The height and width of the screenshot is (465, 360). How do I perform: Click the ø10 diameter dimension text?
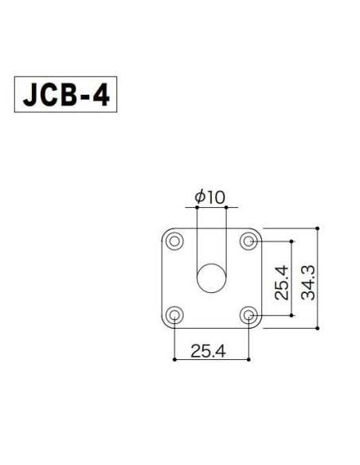tap(209, 196)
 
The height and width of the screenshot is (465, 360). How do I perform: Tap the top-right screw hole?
tap(250, 239)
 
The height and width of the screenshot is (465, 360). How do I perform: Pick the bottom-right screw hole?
tap(250, 315)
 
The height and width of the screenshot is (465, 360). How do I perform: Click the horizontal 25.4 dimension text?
tap(209, 350)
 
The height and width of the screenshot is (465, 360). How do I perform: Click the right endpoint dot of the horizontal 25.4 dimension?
tap(250, 360)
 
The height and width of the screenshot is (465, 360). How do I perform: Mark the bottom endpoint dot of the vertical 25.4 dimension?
tap(292, 315)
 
